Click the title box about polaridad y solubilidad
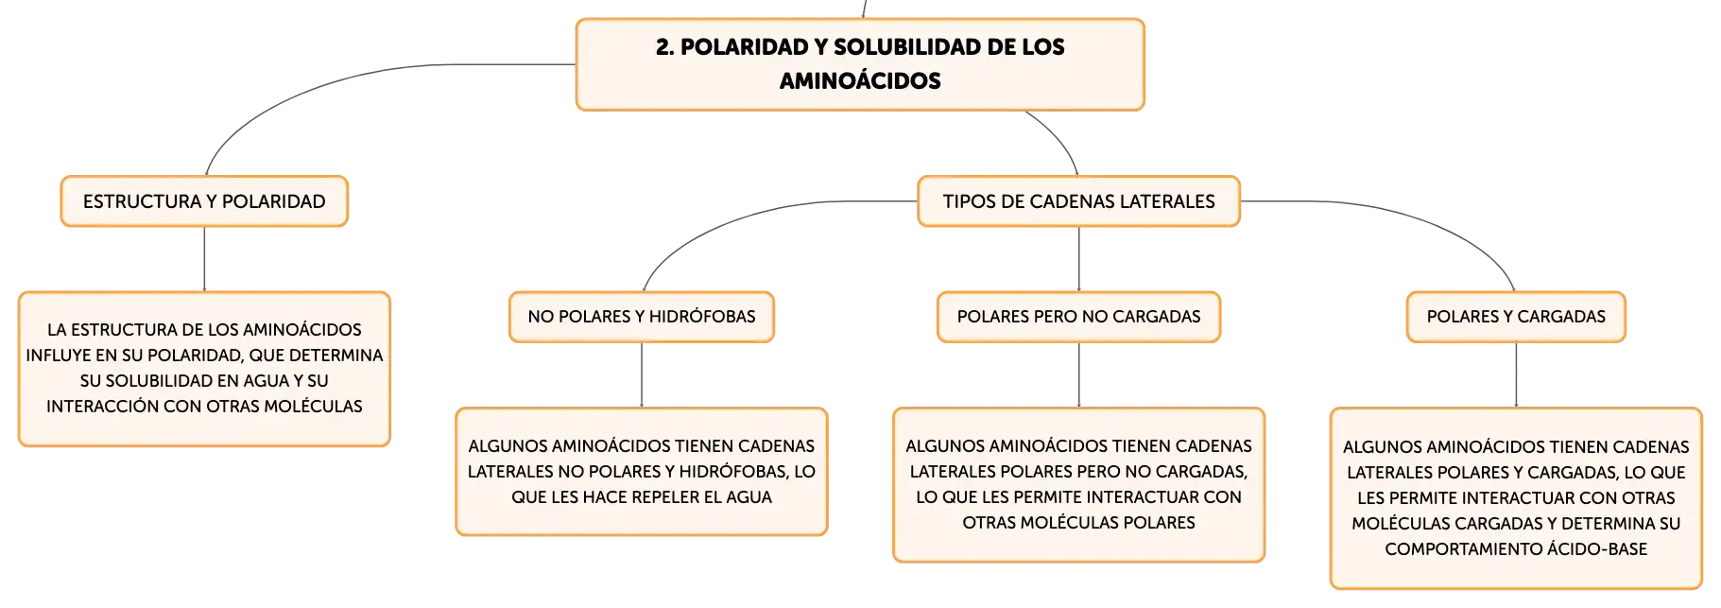pos(860,64)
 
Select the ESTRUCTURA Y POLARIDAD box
pos(204,201)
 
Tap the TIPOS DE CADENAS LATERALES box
pos(1078,201)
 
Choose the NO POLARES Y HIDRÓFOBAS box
pos(642,317)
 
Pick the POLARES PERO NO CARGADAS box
pos(1078,317)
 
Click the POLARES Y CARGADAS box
pos(1516,317)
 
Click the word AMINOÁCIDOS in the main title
pos(860,81)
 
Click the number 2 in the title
pos(663,47)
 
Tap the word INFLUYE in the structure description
pos(59,356)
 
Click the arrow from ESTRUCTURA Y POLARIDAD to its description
pos(204,259)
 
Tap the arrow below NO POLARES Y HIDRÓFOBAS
pos(642,375)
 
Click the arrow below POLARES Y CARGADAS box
pos(1516,375)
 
